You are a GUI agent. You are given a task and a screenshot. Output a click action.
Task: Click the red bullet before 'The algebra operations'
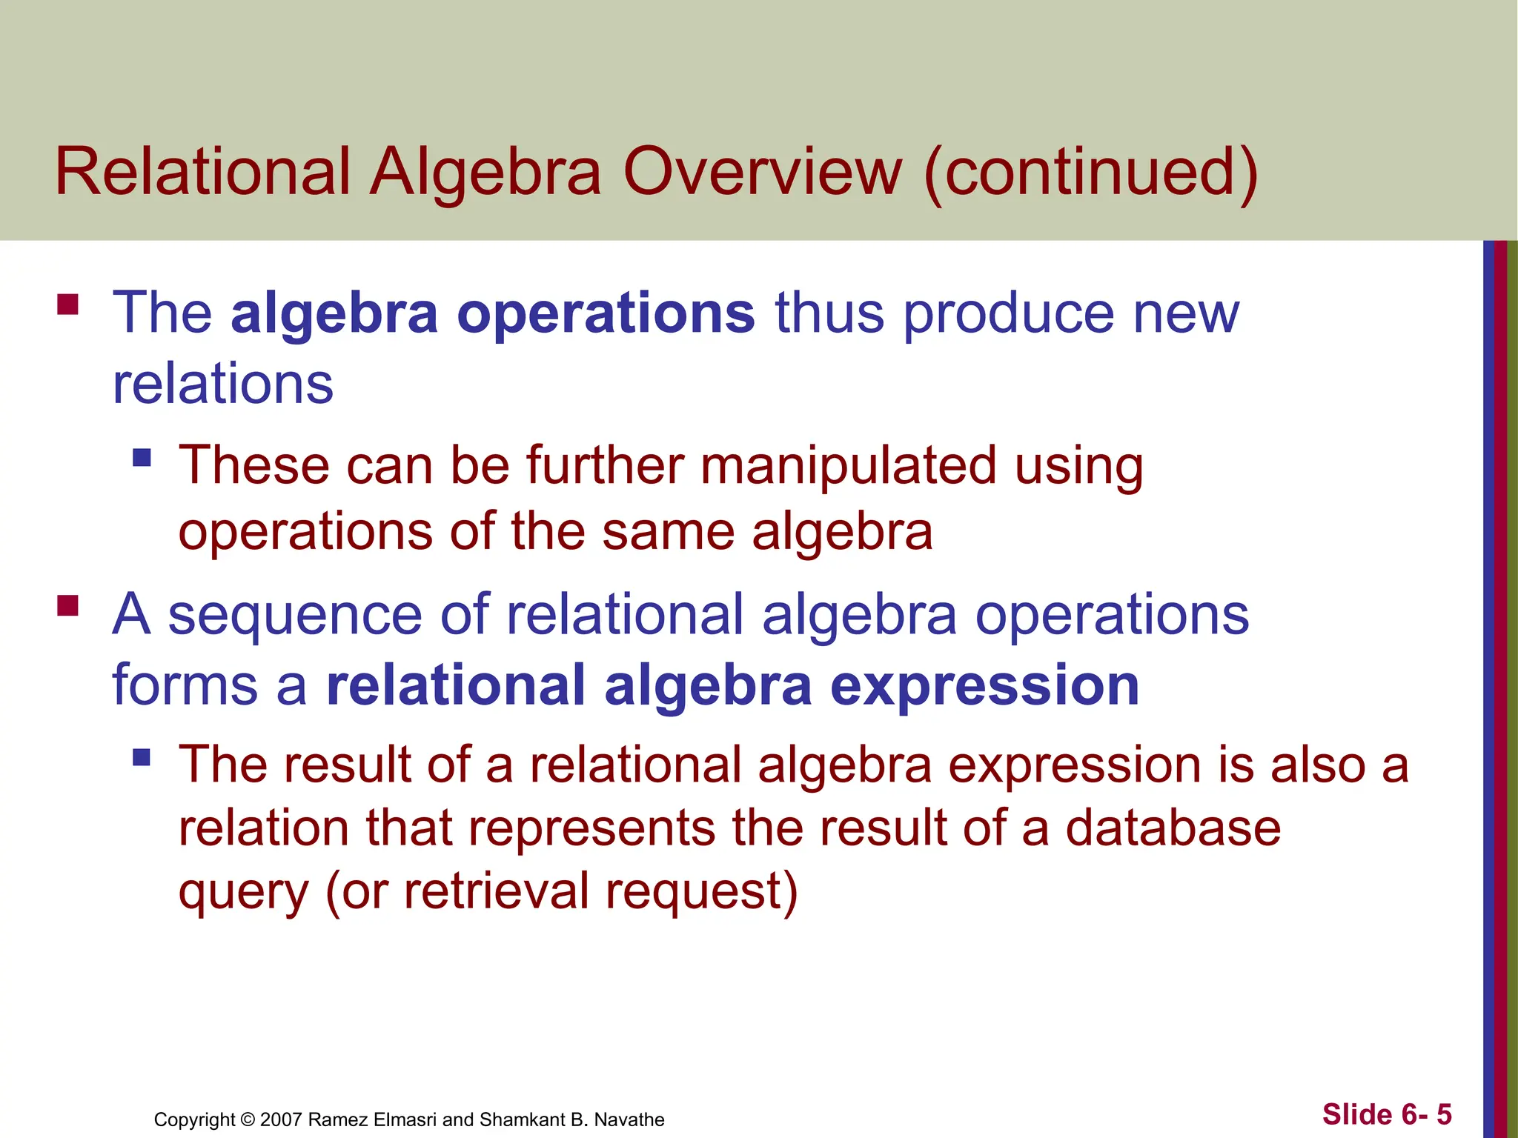point(67,305)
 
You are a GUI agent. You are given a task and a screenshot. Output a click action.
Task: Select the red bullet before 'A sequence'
point(67,606)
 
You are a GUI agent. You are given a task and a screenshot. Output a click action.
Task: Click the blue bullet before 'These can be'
point(142,457)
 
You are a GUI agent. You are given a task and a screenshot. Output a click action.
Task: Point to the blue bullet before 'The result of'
point(142,757)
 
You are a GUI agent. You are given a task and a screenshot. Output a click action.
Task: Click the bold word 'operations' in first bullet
point(606,313)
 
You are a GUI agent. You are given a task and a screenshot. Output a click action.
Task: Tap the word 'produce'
point(1008,313)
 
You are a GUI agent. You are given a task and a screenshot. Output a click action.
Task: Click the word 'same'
point(667,531)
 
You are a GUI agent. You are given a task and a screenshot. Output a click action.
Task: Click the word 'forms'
point(185,685)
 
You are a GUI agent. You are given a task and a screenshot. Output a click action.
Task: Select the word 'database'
point(1173,828)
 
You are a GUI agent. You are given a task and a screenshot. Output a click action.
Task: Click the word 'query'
point(243,893)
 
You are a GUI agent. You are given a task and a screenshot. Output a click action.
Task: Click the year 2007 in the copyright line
point(281,1119)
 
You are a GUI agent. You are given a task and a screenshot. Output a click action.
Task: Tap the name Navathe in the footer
point(629,1119)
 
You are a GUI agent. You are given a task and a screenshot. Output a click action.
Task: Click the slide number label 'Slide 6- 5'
point(1386,1114)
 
